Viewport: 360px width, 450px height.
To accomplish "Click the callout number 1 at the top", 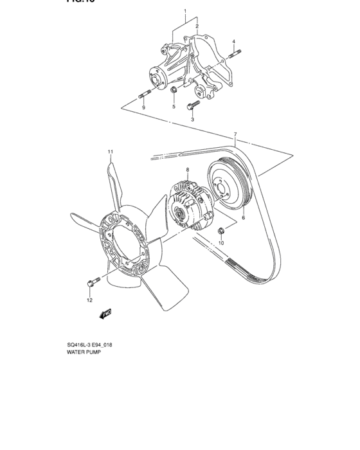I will (x=185, y=12).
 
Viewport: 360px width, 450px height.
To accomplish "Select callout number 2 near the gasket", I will (x=197, y=26).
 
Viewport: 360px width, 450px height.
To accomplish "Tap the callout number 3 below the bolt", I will (x=192, y=120).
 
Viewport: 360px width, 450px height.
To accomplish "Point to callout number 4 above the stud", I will (x=235, y=42).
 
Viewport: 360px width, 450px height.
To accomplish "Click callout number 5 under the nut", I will (x=173, y=107).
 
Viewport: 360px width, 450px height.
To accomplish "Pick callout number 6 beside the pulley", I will (x=244, y=219).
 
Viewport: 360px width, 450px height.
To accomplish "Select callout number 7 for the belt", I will (x=235, y=135).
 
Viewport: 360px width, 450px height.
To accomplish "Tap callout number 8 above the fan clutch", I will (x=187, y=170).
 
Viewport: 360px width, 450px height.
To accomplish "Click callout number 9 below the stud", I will (x=143, y=107).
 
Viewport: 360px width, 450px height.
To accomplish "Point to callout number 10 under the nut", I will (x=221, y=244).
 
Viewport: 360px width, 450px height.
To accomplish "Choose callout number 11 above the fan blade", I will (x=110, y=152).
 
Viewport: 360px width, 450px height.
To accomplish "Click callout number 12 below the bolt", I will (x=89, y=300).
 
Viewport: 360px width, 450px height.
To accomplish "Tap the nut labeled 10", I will (x=221, y=230).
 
